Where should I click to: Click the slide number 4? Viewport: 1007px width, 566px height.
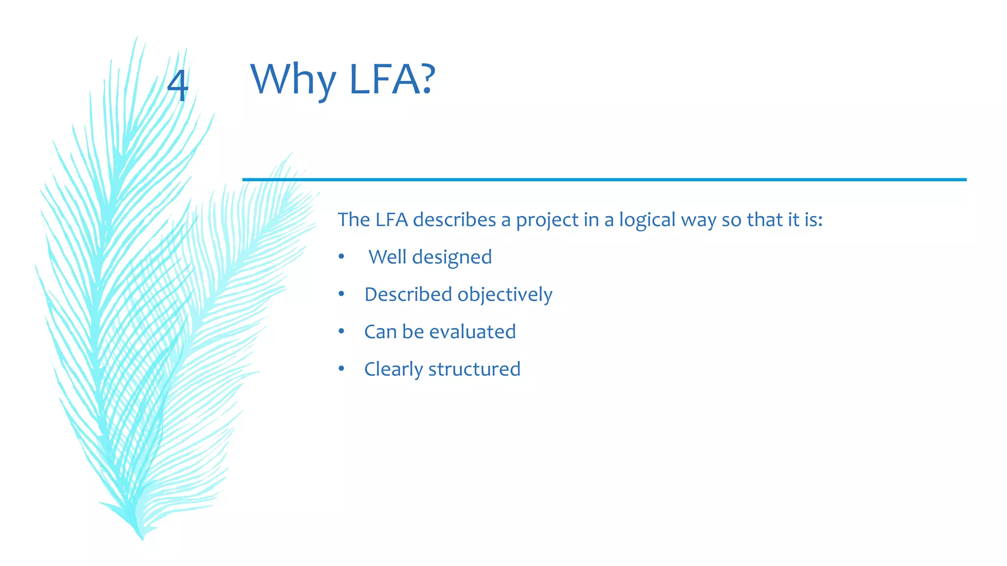click(x=178, y=85)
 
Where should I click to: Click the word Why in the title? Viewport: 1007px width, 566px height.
click(x=293, y=80)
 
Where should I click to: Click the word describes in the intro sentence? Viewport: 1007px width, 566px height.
click(x=454, y=220)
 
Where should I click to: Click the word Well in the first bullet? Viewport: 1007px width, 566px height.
click(x=387, y=257)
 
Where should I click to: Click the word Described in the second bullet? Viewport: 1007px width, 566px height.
click(x=408, y=294)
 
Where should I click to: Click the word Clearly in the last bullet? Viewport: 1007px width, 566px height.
click(x=393, y=369)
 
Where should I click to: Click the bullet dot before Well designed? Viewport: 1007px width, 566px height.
click(x=341, y=257)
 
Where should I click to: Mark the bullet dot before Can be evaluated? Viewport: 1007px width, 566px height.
click(x=341, y=332)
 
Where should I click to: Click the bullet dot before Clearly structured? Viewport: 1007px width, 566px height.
click(x=341, y=369)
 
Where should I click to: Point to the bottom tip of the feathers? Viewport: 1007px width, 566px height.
click(x=142, y=538)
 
